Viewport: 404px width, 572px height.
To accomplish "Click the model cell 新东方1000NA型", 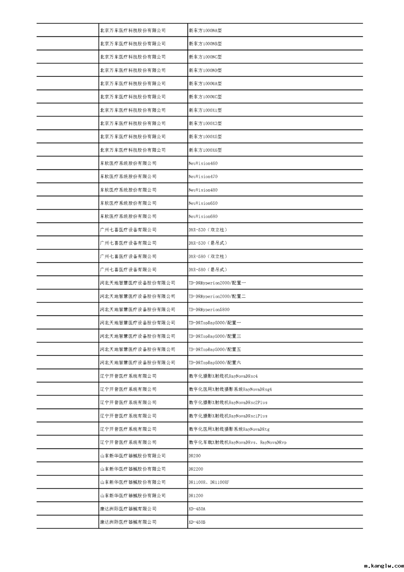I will [205, 30].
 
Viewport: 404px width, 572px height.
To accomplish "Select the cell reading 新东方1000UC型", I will [205, 97].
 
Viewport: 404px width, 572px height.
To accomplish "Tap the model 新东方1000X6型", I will [205, 150].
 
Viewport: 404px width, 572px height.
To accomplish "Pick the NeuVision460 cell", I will [203, 163].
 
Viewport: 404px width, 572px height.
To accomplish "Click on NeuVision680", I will [203, 217].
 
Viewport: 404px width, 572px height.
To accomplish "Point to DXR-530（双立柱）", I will [208, 230].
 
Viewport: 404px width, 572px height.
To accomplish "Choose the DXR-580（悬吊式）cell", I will [208, 270].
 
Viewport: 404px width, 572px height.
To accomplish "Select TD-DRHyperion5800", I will [209, 309].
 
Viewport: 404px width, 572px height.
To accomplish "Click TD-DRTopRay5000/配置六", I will [215, 363].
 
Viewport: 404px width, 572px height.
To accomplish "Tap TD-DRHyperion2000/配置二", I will [217, 296].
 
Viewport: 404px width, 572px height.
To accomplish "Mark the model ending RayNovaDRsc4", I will [223, 376].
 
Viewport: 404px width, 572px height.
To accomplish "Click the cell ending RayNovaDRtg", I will [229, 429].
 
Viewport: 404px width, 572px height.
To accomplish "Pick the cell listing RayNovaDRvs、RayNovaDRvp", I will [238, 442].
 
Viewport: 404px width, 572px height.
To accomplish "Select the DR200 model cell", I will [195, 456].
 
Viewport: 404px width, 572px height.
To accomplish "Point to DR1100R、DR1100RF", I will [209, 482].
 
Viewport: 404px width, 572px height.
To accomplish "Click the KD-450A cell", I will [197, 509].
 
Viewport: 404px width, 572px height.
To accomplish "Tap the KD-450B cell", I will [197, 522].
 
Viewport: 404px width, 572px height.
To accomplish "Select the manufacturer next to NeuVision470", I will [128, 176].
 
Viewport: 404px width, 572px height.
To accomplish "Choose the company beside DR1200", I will [133, 496].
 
